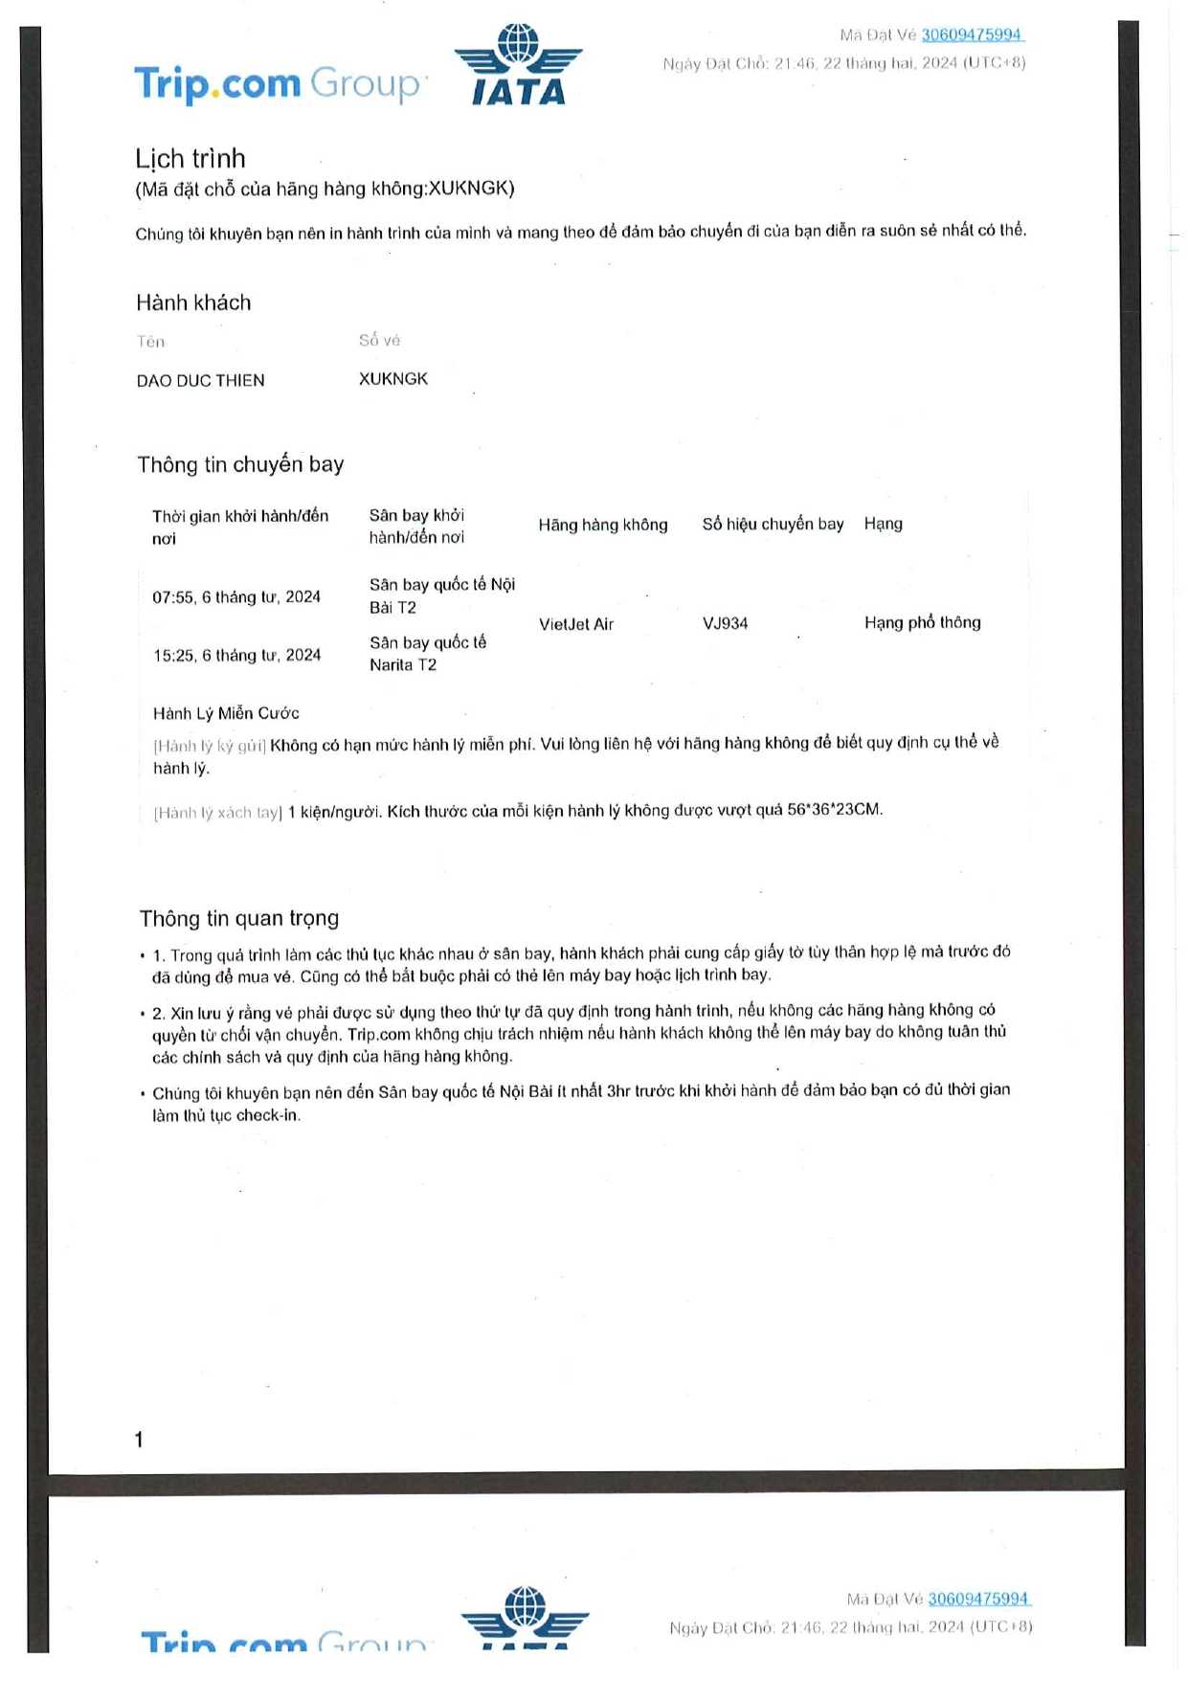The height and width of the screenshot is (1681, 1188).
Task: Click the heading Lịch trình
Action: (x=191, y=159)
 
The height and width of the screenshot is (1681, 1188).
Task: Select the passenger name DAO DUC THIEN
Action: (x=200, y=381)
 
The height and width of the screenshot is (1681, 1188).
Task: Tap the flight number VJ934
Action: (x=725, y=623)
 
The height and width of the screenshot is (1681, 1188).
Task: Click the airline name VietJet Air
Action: (x=575, y=624)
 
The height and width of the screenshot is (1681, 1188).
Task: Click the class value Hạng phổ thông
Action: (x=922, y=622)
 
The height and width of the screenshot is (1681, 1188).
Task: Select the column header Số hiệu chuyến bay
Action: (x=773, y=524)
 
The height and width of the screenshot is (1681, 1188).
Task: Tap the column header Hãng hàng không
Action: (x=602, y=525)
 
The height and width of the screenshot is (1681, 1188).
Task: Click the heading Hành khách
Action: (x=193, y=303)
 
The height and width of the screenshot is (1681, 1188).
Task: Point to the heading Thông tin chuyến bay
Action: (x=240, y=465)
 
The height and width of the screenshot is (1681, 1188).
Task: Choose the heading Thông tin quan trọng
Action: (x=239, y=919)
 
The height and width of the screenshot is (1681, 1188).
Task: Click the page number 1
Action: (x=139, y=1440)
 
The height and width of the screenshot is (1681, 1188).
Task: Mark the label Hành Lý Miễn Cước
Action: (x=226, y=713)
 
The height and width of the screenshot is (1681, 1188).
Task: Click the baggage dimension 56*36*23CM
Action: (x=833, y=810)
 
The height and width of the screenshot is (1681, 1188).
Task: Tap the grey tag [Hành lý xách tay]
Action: (x=218, y=813)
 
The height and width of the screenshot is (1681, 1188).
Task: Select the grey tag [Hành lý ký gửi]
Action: (x=210, y=746)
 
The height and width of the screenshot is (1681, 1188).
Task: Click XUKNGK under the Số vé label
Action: (x=392, y=379)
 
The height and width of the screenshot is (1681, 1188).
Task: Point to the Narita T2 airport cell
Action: (x=427, y=654)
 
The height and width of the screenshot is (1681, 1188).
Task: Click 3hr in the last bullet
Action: (x=617, y=1091)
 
